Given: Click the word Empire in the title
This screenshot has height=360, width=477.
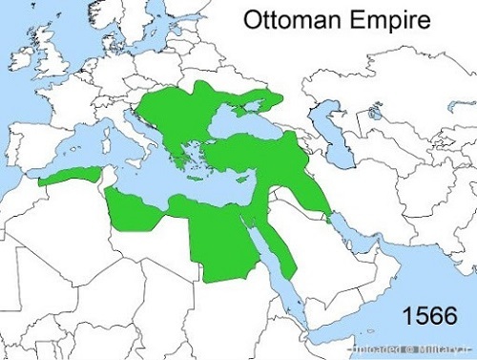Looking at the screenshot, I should click(385, 20).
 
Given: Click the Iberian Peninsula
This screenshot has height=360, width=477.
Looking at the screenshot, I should click(38, 143).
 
